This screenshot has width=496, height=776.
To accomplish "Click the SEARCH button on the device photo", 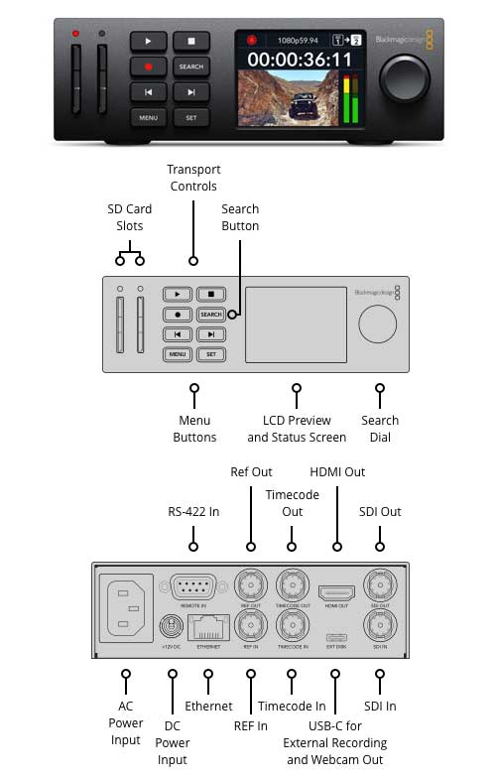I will [x=191, y=66].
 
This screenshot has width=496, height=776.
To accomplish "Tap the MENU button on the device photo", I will [x=148, y=117].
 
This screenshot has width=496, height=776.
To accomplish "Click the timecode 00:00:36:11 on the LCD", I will [x=299, y=60].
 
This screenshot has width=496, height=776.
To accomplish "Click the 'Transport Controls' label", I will [x=192, y=178].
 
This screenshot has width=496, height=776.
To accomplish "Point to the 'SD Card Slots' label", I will [x=131, y=217].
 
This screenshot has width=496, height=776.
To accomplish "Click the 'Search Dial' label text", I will [x=379, y=429].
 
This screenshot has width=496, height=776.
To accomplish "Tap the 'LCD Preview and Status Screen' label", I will [x=297, y=429].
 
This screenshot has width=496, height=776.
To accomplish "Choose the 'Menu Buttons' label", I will [x=194, y=429].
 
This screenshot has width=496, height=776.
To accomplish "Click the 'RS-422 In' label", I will [x=193, y=512].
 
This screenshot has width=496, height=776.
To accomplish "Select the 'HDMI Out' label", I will [x=337, y=472].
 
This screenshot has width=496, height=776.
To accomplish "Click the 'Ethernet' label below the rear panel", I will [x=208, y=707].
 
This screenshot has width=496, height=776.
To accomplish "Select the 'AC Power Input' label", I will [x=126, y=723].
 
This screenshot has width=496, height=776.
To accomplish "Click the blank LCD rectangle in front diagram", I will [x=295, y=325].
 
